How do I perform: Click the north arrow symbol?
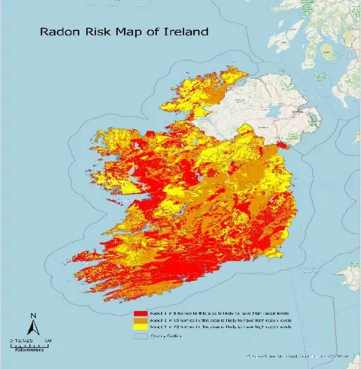coord(32,327)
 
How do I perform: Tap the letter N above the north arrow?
coord(32,315)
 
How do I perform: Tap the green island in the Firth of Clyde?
coord(329,52)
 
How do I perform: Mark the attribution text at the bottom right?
coord(297,354)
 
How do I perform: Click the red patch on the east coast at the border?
coord(281,145)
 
